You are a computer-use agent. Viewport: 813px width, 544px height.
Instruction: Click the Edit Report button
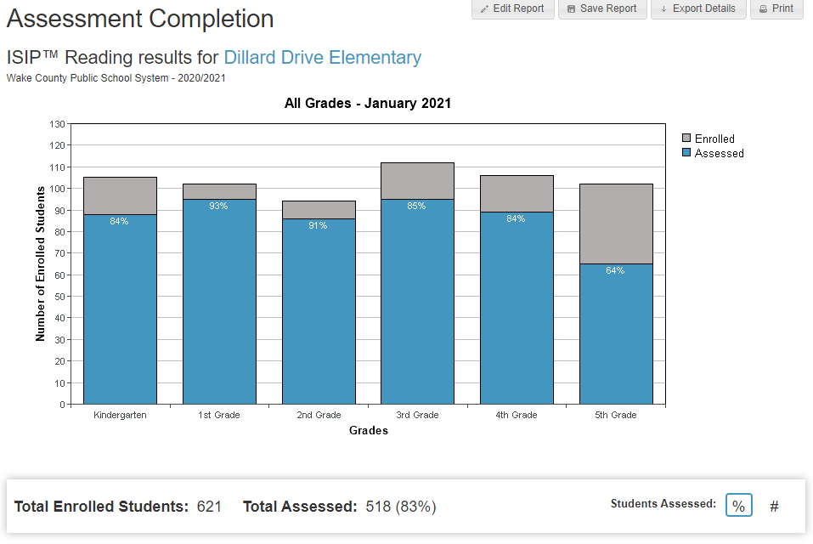click(x=512, y=8)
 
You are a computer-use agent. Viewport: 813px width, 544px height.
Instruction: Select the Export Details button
click(x=697, y=8)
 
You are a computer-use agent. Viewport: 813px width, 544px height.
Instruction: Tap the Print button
click(x=776, y=8)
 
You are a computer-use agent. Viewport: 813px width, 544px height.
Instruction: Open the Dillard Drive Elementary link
click(x=322, y=58)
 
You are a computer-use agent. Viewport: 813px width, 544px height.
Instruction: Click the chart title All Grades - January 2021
click(x=367, y=104)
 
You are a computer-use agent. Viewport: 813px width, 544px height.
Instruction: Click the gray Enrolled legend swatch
click(x=686, y=139)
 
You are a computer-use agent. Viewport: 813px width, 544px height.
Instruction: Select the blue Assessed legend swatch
click(x=686, y=153)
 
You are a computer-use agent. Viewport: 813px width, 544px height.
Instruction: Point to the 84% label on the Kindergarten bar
click(x=119, y=222)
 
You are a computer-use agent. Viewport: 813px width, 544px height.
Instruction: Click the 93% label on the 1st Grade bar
click(x=218, y=206)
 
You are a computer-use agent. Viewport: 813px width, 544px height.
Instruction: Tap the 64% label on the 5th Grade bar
click(x=615, y=271)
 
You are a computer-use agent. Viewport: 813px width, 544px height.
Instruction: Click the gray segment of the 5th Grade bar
click(x=615, y=224)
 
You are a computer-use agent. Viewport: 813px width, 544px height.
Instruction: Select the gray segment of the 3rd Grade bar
click(x=417, y=180)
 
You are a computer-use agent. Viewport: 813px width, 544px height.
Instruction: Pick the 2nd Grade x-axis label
click(x=319, y=416)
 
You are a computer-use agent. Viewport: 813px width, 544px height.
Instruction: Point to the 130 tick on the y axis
click(x=57, y=124)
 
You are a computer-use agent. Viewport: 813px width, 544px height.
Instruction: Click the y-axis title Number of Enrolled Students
click(x=40, y=264)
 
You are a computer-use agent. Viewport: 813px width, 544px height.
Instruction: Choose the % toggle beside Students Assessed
click(x=738, y=505)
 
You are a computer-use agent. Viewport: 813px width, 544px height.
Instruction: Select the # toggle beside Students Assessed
click(x=774, y=507)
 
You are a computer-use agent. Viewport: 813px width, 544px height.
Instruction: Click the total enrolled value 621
click(x=209, y=507)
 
